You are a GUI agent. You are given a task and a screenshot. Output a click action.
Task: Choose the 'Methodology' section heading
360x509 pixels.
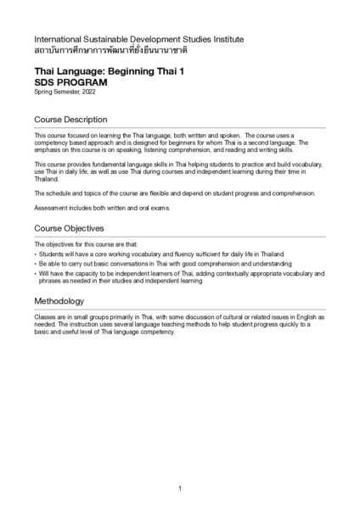[59, 301]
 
